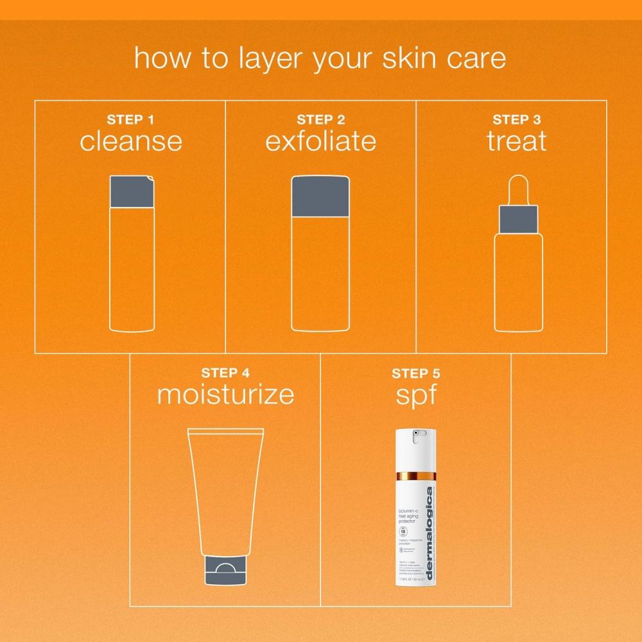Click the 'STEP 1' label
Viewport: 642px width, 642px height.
[x=130, y=120]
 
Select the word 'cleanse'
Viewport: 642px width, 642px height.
[x=130, y=141]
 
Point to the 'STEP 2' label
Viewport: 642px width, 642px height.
[x=321, y=120]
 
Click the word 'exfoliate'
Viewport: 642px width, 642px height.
[x=321, y=141]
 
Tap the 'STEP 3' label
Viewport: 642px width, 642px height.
[x=517, y=120]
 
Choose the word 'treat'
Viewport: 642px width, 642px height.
[x=517, y=141]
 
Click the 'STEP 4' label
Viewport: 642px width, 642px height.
[x=225, y=373]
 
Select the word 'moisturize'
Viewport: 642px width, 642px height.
[x=225, y=394]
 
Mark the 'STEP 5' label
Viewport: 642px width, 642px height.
[x=416, y=373]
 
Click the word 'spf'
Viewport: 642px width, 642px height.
[x=416, y=395]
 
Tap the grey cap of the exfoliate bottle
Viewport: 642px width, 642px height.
[x=321, y=196]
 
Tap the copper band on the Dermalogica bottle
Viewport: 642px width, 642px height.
[x=416, y=478]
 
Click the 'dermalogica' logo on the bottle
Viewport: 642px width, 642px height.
[x=429, y=526]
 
